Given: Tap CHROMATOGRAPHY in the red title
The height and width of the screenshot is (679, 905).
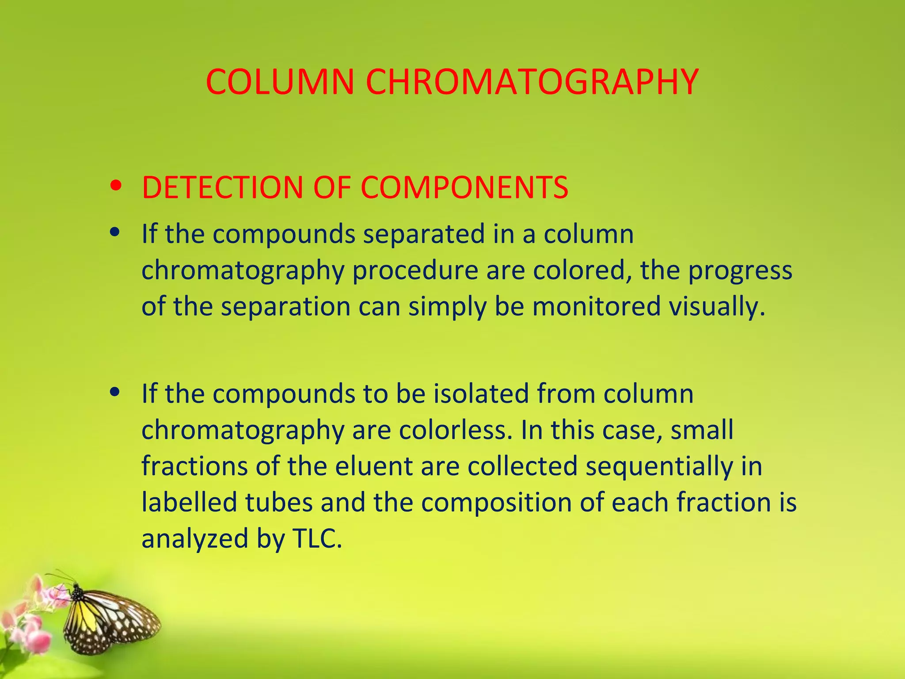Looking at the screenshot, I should pos(532,82).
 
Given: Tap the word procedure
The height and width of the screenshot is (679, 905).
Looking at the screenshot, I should pos(415,270).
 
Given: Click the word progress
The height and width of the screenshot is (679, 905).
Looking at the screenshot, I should pos(740,270).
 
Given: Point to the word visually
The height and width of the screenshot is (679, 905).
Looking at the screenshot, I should pos(716,306).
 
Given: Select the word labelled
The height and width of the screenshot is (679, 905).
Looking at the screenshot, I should pos(189,502).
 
